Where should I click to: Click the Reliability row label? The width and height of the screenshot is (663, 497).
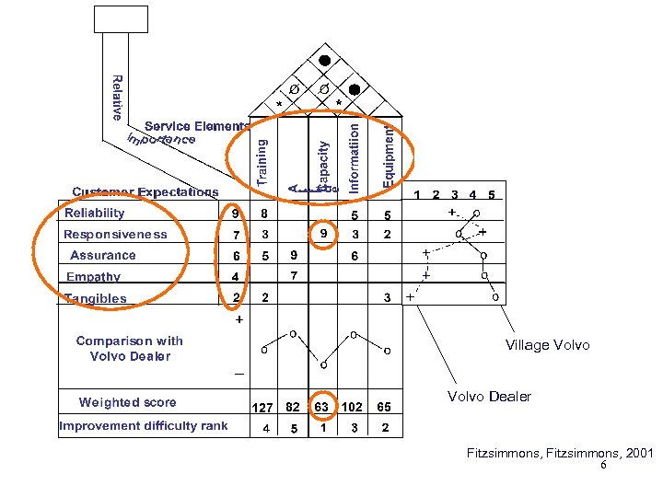click(95, 214)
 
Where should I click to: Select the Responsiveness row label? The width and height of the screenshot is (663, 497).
click(115, 235)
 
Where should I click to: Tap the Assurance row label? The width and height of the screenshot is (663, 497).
click(103, 256)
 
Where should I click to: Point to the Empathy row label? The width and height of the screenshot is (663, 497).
click(93, 277)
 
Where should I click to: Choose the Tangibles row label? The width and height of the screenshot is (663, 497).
click(96, 298)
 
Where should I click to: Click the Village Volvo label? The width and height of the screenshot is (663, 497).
click(548, 345)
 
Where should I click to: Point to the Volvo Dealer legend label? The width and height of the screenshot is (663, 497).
click(489, 397)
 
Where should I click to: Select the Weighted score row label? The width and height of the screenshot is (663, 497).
click(127, 402)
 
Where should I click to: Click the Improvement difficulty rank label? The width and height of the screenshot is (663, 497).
click(143, 426)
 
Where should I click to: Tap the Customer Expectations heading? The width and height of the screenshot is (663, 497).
click(145, 192)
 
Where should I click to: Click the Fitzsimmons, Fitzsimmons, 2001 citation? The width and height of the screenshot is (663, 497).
click(559, 454)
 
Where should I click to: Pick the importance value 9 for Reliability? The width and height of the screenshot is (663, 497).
click(236, 214)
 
